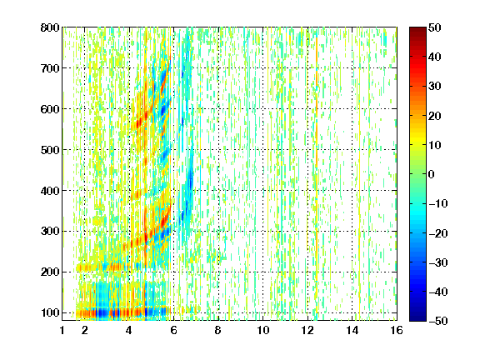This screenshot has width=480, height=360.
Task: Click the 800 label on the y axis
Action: tap(50, 27)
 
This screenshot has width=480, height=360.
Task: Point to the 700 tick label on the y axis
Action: tap(50, 68)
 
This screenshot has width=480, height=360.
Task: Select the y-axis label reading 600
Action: tap(50, 109)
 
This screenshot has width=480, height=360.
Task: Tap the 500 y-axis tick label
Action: tap(50, 150)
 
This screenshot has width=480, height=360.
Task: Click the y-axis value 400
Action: tap(50, 191)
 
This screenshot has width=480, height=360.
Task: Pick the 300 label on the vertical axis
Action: tap(50, 231)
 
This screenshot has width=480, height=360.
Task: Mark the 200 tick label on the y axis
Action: tap(50, 272)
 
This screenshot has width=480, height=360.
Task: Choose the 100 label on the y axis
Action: tap(50, 312)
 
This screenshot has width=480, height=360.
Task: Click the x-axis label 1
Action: tap(62, 330)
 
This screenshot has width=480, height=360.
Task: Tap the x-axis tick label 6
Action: tap(174, 330)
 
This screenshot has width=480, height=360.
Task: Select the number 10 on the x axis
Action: tap(263, 330)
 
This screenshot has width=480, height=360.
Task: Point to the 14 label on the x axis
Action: tap(352, 330)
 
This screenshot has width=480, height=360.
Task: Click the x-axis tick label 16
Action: tap(397, 330)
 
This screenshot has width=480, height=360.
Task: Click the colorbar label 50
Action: tap(434, 27)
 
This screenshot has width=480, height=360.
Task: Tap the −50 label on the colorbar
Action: tap(437, 321)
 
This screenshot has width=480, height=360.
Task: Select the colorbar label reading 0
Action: tap(432, 174)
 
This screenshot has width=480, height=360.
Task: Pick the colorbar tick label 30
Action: tap(434, 87)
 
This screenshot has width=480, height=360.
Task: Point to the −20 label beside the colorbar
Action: tap(437, 233)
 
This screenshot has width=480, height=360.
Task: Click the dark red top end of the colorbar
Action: tap(417, 30)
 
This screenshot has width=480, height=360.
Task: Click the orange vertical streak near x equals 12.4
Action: tap(317, 101)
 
